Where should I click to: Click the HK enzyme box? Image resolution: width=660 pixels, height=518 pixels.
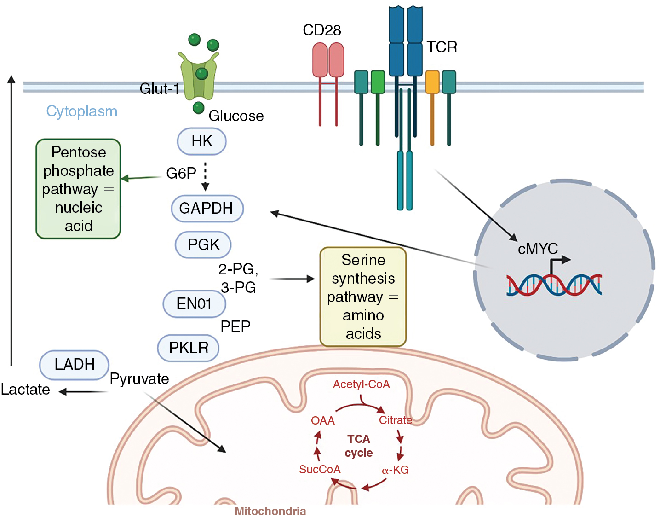[x=202, y=141]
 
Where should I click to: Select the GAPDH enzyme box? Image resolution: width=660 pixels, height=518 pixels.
[x=207, y=208]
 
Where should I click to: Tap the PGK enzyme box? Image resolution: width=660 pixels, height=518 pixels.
[x=203, y=244]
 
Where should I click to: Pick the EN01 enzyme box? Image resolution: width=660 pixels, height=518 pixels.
[x=194, y=304]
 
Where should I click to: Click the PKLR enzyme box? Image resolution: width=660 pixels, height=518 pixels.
[x=188, y=348]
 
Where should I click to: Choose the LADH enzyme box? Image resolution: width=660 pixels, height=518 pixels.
[x=75, y=365]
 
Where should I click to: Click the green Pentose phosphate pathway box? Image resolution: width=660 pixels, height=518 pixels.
[x=78, y=189]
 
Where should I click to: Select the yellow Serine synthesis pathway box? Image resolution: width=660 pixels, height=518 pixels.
[x=363, y=297]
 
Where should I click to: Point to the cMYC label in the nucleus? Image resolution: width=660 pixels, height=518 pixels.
[x=537, y=249]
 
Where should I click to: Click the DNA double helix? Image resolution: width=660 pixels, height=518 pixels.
[x=554, y=285]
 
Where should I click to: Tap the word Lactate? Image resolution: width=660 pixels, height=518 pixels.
[x=25, y=390]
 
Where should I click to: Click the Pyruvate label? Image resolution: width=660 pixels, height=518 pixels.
[x=139, y=379]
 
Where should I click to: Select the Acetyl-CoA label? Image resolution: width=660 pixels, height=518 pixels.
[x=361, y=384]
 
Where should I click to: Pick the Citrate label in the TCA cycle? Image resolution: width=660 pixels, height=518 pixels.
[x=395, y=420]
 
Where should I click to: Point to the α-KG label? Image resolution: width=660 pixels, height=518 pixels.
[x=395, y=470]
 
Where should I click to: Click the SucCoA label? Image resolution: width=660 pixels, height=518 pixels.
[x=320, y=470]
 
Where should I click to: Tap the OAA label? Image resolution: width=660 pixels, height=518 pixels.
[x=322, y=421]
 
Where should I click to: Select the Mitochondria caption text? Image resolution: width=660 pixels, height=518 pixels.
[x=270, y=511]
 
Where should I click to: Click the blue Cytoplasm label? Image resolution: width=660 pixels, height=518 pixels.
[x=82, y=111]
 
